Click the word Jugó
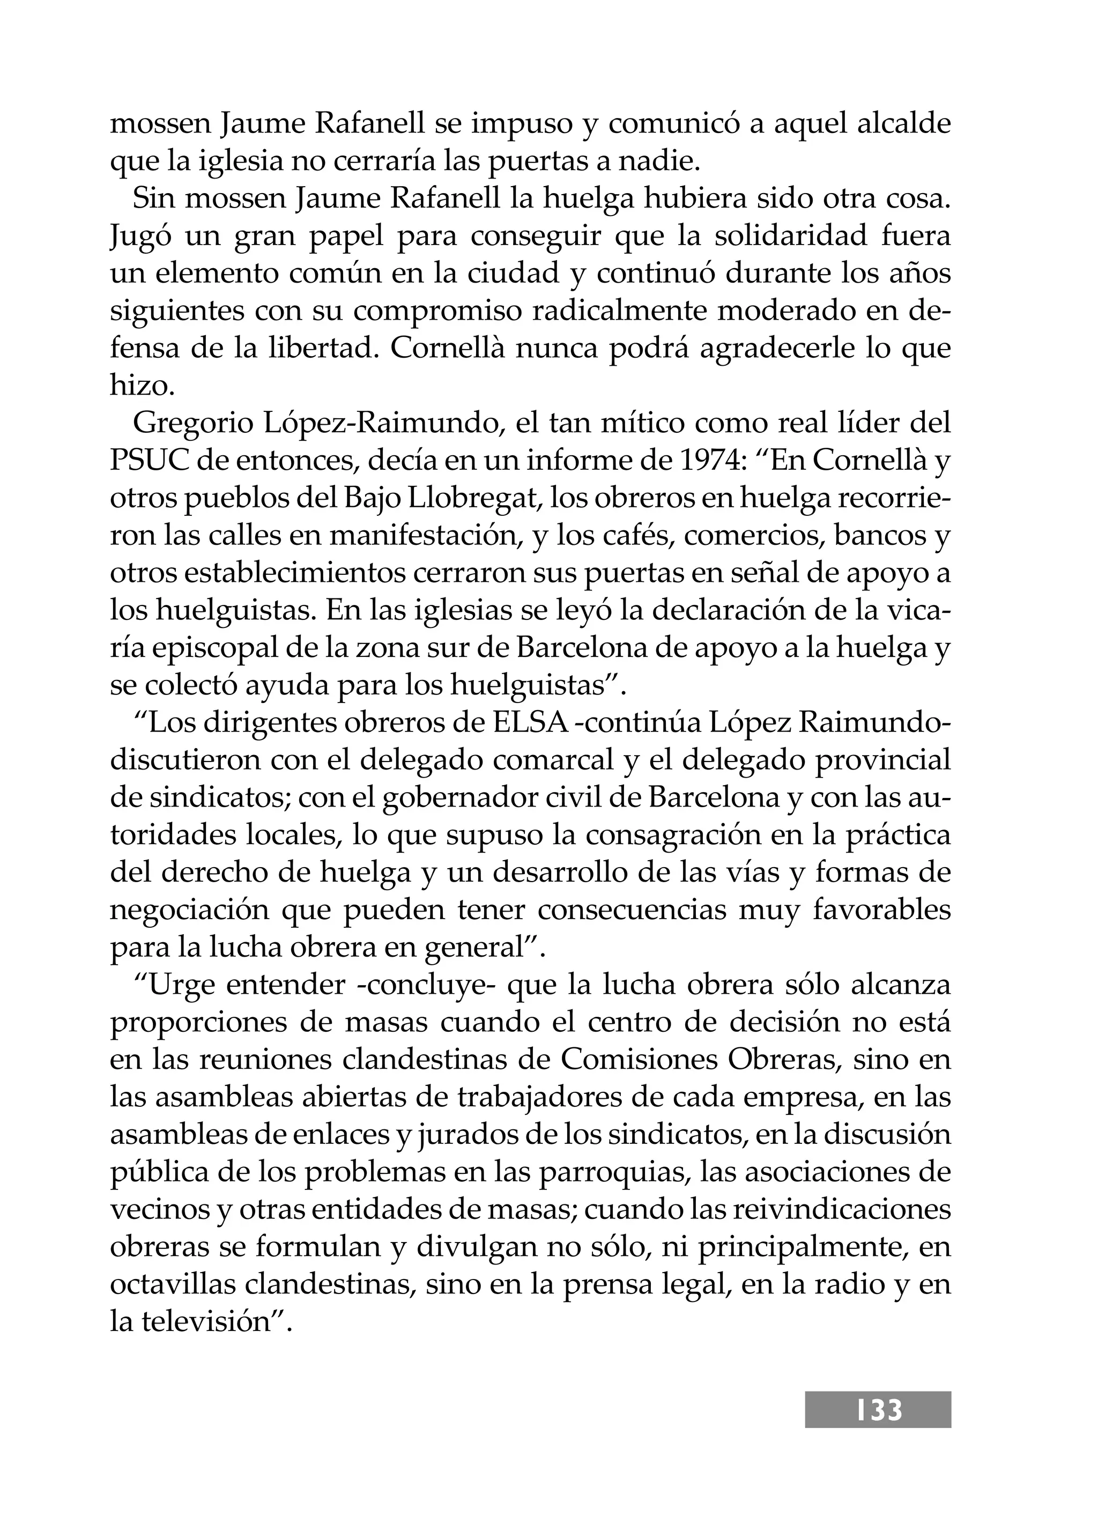pos(139,236)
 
